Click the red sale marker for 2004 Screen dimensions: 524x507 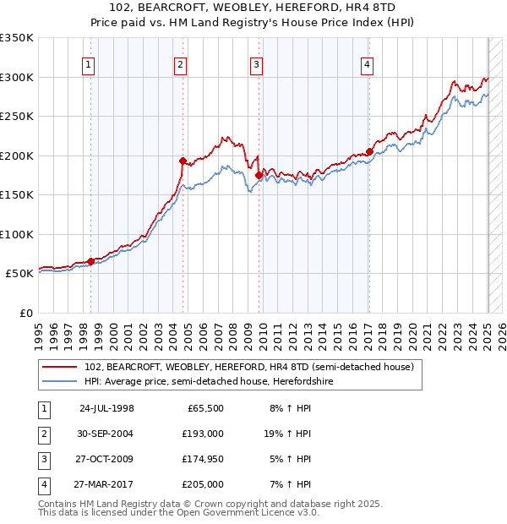[183, 160]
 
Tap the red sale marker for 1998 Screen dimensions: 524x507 [90, 261]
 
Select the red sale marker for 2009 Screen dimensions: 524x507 [259, 175]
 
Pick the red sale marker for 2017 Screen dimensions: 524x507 [369, 152]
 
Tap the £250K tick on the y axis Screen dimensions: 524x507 [17, 116]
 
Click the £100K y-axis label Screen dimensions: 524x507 [17, 234]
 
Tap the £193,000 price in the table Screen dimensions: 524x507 [203, 434]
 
